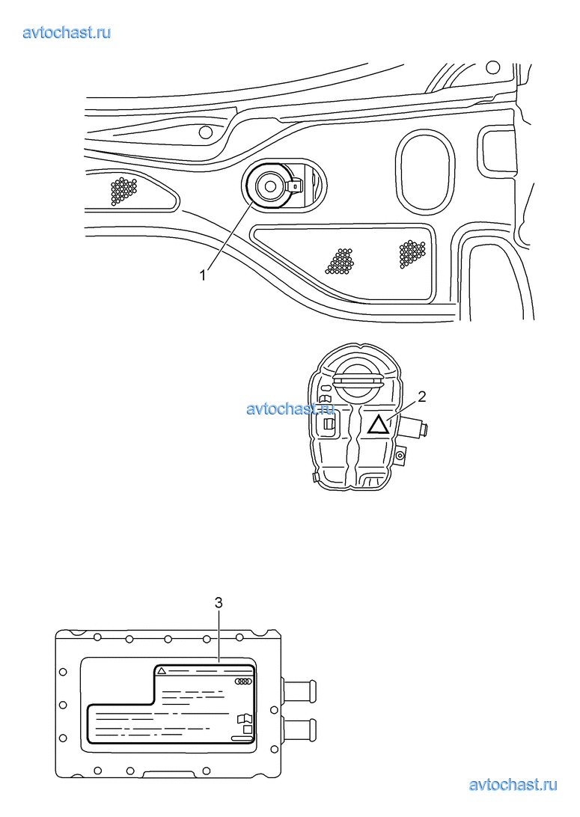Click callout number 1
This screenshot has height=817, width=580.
click(x=204, y=275)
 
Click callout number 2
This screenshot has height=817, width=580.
click(x=422, y=397)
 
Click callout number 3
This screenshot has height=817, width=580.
click(x=219, y=603)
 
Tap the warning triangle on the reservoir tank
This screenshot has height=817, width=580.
click(x=378, y=425)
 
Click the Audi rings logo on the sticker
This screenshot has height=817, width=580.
click(x=243, y=681)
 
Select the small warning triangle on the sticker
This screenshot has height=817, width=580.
click(x=162, y=670)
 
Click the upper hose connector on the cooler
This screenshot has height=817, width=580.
click(x=299, y=691)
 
